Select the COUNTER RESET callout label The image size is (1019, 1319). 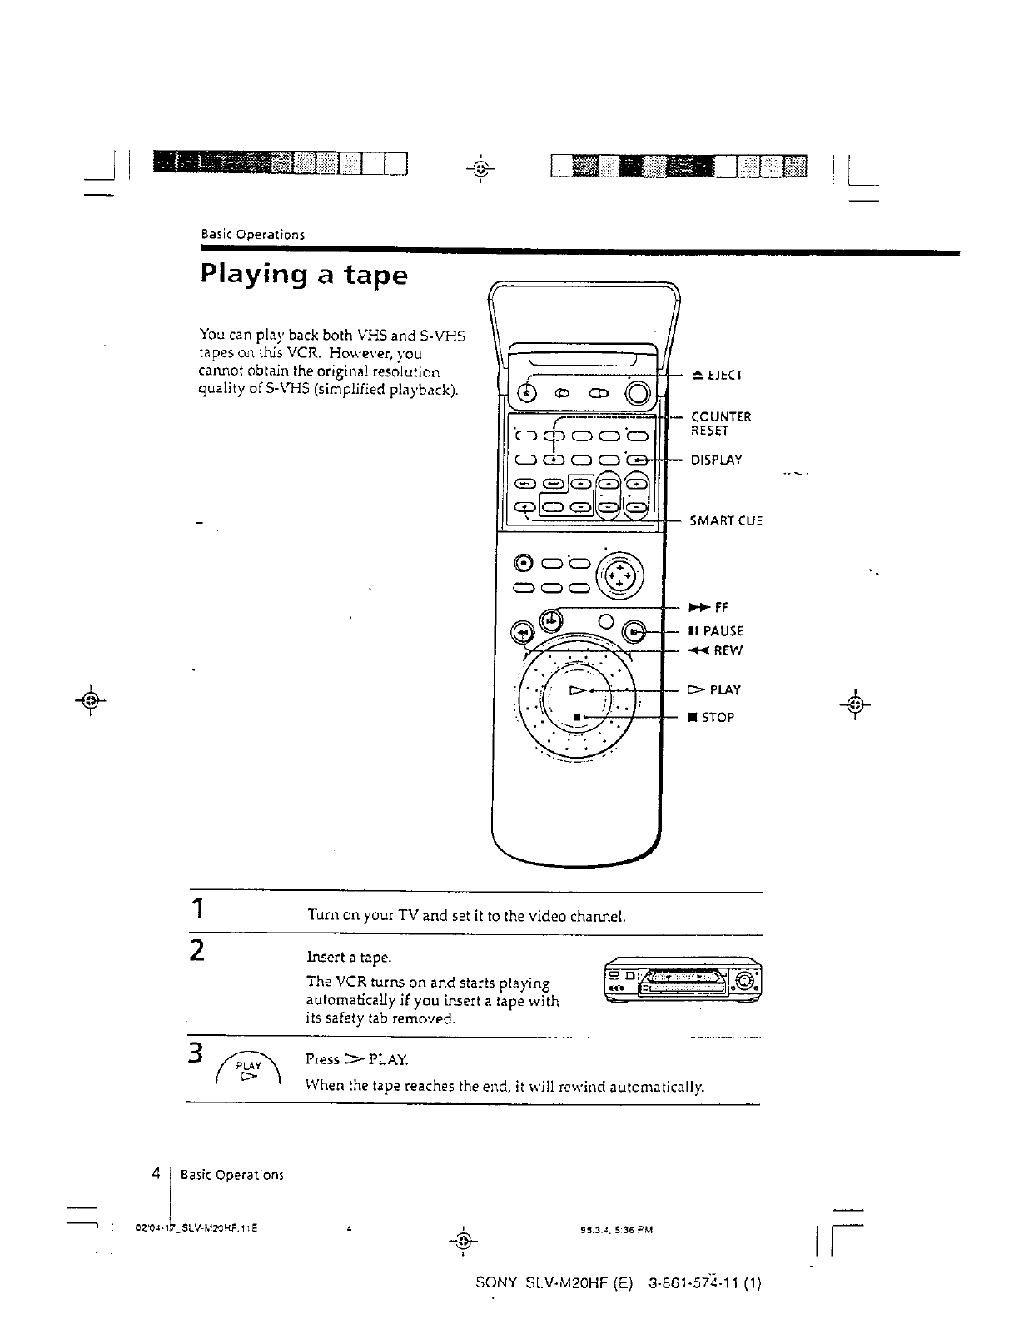720,423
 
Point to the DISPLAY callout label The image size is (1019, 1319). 716,460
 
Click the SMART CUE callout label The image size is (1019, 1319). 726,521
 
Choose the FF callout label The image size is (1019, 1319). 708,608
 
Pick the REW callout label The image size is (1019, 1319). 713,650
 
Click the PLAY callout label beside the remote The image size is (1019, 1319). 713,689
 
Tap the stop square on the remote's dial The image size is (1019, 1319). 576,717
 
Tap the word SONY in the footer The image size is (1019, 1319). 497,1282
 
